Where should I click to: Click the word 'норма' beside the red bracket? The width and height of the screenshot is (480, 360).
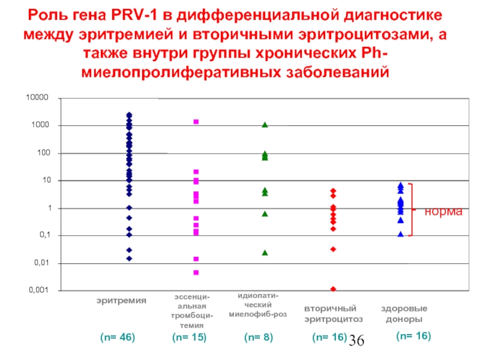(x=444, y=212)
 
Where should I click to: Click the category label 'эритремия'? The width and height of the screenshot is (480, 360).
(x=122, y=299)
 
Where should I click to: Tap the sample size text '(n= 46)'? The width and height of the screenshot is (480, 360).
(x=118, y=338)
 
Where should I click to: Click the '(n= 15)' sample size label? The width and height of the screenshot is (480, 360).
(x=189, y=338)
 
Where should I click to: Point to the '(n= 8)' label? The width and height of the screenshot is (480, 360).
(x=259, y=338)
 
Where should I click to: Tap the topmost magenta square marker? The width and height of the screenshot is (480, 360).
(x=196, y=122)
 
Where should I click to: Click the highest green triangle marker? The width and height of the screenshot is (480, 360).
(x=265, y=125)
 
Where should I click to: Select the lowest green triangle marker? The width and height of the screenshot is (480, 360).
(x=265, y=253)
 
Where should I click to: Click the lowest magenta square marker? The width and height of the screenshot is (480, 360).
(x=196, y=272)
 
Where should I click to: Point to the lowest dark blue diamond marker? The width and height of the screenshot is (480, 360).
(x=129, y=259)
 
